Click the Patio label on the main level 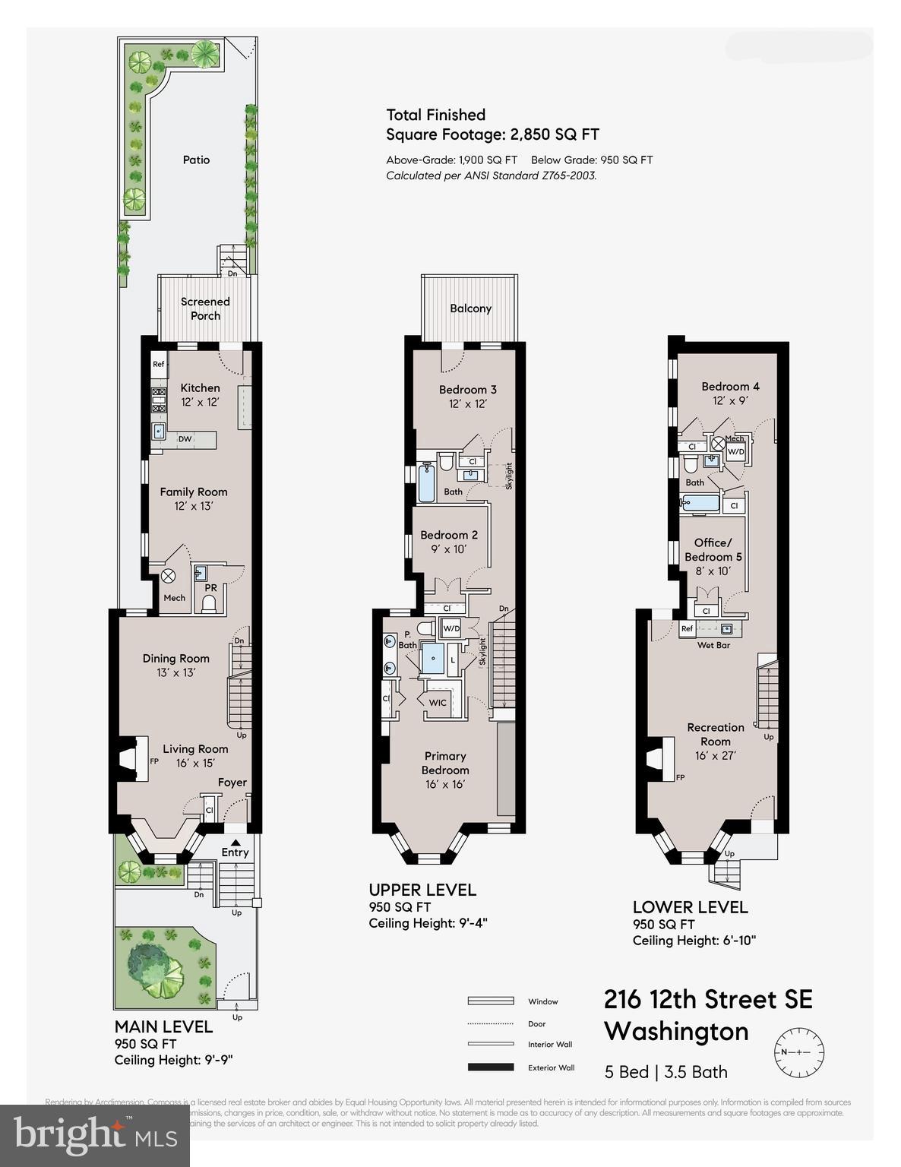196,160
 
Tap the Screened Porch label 205,308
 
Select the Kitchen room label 200,387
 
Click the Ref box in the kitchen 159,364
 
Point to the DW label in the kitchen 185,439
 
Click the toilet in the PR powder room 208,603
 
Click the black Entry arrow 236,842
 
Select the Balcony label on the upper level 470,308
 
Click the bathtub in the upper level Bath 426,484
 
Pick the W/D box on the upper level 451,628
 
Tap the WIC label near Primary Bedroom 438,703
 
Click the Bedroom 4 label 730,386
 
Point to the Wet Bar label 713,645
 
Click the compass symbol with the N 798,1052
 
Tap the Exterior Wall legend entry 551,1067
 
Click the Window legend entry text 542,1001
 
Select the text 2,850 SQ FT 552,135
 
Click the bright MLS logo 95,1135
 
